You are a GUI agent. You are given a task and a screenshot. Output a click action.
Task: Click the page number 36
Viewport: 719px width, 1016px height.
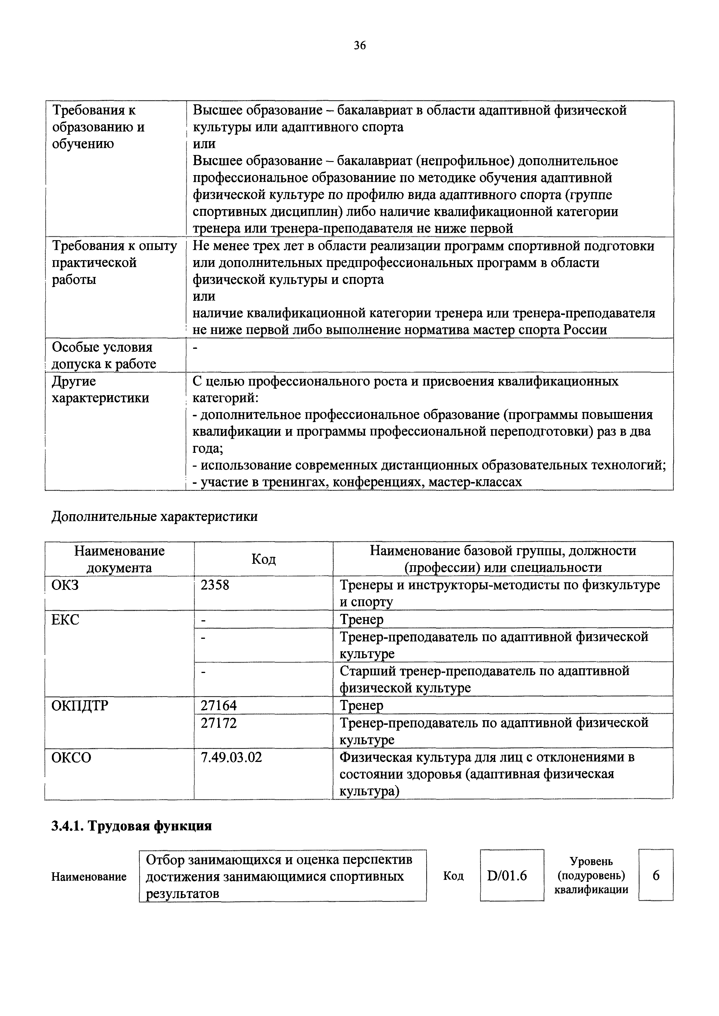[x=359, y=45]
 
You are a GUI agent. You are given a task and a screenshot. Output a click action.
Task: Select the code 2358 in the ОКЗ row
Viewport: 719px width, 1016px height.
[x=215, y=585]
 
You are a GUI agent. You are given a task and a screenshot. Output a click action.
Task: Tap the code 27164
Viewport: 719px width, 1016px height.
[x=219, y=705]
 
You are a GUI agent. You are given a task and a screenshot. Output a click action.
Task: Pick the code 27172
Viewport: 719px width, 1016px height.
[x=219, y=723]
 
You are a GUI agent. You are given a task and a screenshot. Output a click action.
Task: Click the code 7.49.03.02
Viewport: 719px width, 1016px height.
[x=231, y=757]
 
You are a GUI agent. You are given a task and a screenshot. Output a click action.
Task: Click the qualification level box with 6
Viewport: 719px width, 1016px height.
[x=656, y=875]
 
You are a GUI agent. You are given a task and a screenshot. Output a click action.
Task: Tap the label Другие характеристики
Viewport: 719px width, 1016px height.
[x=101, y=389]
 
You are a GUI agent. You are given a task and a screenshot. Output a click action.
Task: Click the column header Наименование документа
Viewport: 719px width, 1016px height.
[x=119, y=559]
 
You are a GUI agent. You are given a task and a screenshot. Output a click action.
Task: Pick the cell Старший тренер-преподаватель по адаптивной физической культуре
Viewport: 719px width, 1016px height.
[x=484, y=679]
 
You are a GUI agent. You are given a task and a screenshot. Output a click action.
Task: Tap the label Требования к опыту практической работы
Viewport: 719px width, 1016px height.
[x=114, y=262]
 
